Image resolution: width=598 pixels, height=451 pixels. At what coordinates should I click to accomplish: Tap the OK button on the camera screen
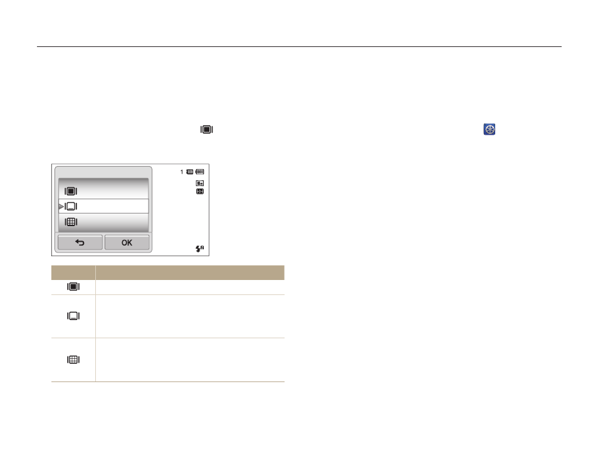127,242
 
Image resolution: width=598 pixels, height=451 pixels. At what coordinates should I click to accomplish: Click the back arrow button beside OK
80,242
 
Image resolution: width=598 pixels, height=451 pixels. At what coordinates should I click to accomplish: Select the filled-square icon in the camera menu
71,191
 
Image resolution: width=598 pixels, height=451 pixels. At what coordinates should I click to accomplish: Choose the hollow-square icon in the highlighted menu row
71,206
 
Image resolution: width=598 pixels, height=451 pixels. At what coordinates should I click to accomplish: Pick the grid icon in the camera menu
71,222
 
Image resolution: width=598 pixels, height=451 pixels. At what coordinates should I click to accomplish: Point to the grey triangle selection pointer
61,206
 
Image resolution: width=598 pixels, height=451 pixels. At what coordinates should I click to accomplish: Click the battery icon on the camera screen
200,172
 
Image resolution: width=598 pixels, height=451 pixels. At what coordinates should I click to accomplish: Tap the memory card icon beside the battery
189,172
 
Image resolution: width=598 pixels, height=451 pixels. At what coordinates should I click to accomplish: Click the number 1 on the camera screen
182,172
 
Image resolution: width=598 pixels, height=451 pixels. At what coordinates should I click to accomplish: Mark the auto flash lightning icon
200,249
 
